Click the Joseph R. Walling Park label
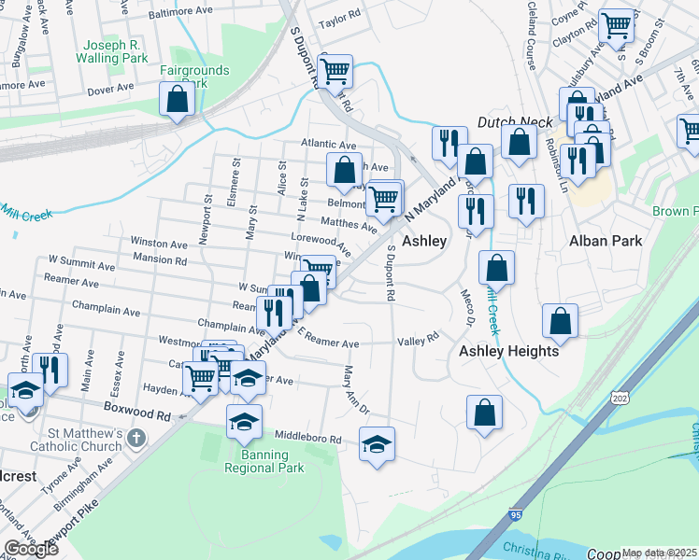coord(115,51)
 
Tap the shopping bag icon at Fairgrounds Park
coord(176,99)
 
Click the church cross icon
coord(136,436)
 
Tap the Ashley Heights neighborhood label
coord(508,351)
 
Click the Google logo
coord(31,548)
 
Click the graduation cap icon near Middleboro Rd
coord(377,442)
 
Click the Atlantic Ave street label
coord(329,145)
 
